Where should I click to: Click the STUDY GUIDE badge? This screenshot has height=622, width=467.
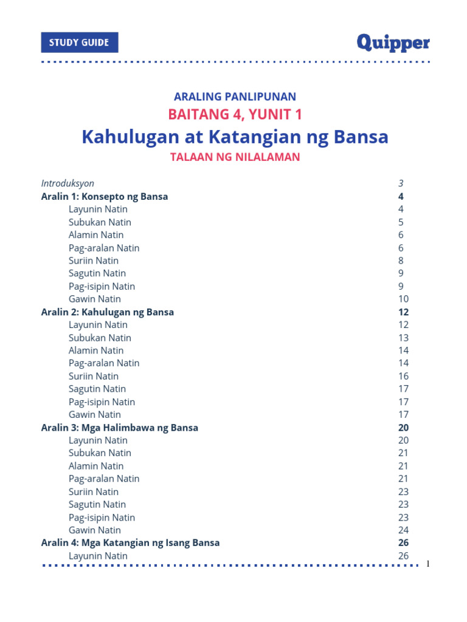pos(80,43)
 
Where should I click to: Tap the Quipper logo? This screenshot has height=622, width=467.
pos(393,43)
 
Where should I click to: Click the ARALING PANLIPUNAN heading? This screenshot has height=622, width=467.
pos(235,96)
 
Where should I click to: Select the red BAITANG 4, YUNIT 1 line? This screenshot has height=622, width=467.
pos(235,114)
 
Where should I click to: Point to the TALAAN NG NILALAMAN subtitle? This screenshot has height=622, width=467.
pos(235,157)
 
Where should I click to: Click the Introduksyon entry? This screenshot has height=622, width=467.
pos(67,183)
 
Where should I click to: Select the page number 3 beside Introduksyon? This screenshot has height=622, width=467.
pos(401,183)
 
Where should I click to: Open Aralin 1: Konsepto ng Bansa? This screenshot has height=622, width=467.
pos(105,196)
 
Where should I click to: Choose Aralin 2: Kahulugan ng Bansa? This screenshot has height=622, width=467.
pos(108,312)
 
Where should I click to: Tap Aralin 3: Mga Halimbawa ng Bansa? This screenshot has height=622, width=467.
pos(120,428)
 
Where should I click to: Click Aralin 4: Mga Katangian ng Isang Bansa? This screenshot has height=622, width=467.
pos(130,542)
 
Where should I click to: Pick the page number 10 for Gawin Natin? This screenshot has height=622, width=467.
pos(403,299)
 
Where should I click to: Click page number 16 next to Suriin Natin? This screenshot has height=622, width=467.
pos(403,376)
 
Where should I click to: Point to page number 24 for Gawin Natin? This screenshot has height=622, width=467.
pos(403,530)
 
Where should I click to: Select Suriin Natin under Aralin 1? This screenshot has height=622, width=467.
pos(94,261)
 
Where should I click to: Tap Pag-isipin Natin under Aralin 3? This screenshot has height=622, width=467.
pos(102,518)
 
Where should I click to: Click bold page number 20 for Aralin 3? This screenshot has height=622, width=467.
pos(403,428)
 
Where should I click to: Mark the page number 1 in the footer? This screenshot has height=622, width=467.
pos(428,564)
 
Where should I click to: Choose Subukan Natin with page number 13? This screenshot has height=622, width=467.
pos(100,338)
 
